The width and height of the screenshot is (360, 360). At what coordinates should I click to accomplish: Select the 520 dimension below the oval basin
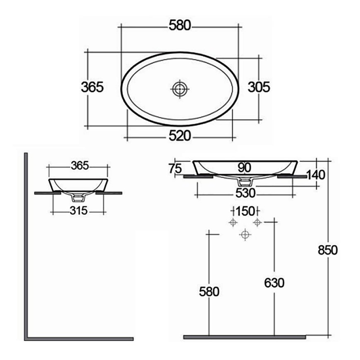pyautogui.click(x=180, y=136)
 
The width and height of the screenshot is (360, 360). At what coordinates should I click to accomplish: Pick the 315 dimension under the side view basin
pyautogui.click(x=79, y=211)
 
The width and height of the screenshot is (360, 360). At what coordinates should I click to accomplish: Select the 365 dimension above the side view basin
pyautogui.click(x=79, y=166)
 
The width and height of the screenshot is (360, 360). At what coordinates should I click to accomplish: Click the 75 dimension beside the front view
pyautogui.click(x=175, y=169)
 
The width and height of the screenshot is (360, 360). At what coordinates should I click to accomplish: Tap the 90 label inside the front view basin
pyautogui.click(x=244, y=168)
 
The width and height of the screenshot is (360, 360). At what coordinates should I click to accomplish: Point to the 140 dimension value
pyautogui.click(x=316, y=174)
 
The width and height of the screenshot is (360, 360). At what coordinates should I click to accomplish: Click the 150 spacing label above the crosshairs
pyautogui.click(x=245, y=211)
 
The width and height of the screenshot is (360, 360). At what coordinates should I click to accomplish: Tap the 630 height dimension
pyautogui.click(x=274, y=283)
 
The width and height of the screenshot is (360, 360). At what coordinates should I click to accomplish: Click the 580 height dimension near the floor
pyautogui.click(x=209, y=292)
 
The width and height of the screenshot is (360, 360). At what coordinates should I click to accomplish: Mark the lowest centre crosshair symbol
pyautogui.click(x=245, y=234)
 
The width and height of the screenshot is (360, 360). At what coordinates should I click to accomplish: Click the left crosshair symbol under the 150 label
pyautogui.click(x=233, y=222)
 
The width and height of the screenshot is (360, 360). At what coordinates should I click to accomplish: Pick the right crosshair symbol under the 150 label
pyautogui.click(x=257, y=222)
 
